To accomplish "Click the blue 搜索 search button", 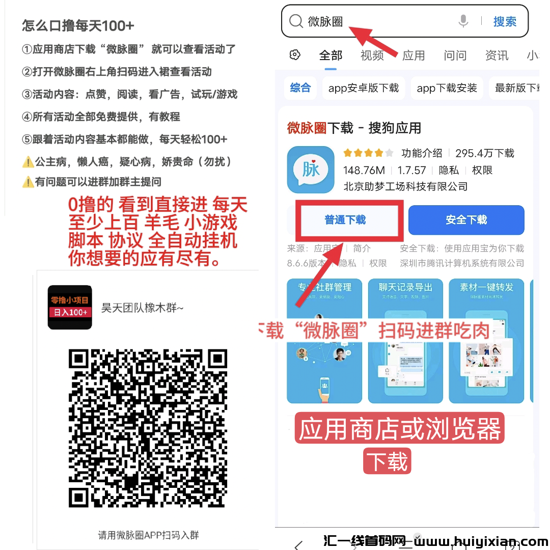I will tap(505, 21).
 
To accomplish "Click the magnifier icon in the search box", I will tap(296, 21).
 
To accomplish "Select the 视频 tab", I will tap(372, 56).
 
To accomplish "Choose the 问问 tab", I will tap(455, 56).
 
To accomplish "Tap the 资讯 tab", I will tap(497, 56).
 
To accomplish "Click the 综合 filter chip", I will tap(300, 88).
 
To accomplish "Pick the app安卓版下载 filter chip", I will tap(364, 88).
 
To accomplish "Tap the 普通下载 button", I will tap(346, 220).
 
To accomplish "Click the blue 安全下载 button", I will tap(466, 220).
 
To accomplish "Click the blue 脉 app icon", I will tap(311, 170).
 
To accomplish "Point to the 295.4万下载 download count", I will tap(485, 153).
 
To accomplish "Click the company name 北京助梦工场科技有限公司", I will tap(405, 186).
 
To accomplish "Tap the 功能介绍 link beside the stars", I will tap(422, 153).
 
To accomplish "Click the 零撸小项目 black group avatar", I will tap(70, 307).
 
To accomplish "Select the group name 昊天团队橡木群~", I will tap(143, 308).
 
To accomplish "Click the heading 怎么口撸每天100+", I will tap(78, 25).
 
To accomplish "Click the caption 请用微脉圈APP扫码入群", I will tap(148, 535).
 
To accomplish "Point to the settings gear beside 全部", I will tap(295, 55).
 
